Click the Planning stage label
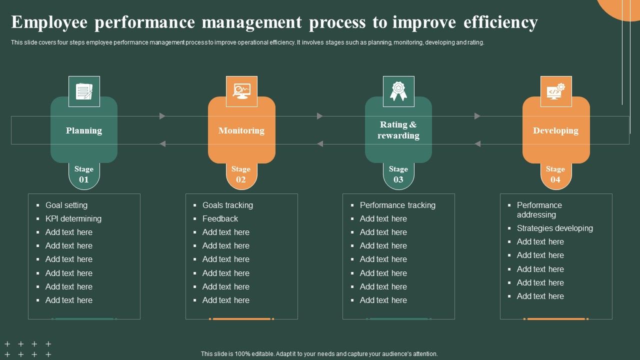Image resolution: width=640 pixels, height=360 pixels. coord(84,130)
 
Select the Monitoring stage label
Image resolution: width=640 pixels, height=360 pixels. coord(241,130)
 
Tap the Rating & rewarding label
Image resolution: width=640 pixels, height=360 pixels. coord(398,130)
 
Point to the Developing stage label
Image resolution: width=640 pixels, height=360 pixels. coord(555,130)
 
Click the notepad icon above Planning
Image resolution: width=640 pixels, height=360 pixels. coord(84,91)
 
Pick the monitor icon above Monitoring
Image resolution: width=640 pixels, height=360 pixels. coord(241,91)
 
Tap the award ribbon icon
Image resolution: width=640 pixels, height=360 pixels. coord(398,91)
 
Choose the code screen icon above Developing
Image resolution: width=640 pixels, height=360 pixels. coord(555,91)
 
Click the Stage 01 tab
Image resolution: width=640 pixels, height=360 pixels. coord(84,174)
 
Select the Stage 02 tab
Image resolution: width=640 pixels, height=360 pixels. coord(241,174)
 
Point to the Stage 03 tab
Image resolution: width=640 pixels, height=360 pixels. coord(398,174)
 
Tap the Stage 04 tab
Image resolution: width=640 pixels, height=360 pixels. coord(555,174)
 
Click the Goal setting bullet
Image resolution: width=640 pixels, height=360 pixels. coord(66,205)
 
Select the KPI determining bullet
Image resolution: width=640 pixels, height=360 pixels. coord(73,218)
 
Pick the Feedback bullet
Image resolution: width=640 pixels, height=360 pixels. coord(220,218)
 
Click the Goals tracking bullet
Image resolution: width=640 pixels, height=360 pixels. coord(227,205)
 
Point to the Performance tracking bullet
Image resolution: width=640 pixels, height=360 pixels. coord(397,205)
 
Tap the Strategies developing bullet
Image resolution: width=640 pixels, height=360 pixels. coord(555,228)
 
